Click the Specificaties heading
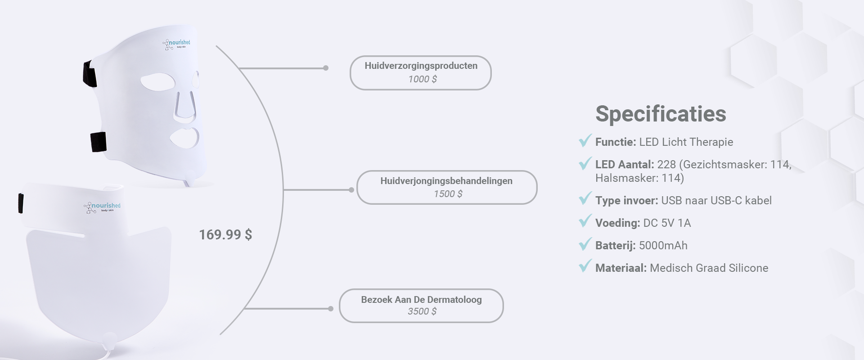[x=661, y=114]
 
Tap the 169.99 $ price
[x=225, y=234]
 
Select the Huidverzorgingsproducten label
[x=421, y=66]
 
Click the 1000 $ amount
[x=423, y=79]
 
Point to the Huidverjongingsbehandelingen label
[x=446, y=181]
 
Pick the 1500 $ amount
[x=448, y=194]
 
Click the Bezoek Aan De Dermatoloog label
[x=421, y=300]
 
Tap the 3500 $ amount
[x=422, y=311]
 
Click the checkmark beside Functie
[x=585, y=140]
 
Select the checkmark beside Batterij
[x=585, y=244]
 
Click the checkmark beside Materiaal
[x=585, y=266]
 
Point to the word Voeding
[x=617, y=223]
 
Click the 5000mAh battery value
[x=663, y=246]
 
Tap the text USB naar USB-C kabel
[x=716, y=201]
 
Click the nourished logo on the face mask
[x=176, y=45]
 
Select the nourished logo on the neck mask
[x=102, y=207]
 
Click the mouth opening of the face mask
[x=184, y=138]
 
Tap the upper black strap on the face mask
[x=90, y=74]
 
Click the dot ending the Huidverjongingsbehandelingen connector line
[x=351, y=190]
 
